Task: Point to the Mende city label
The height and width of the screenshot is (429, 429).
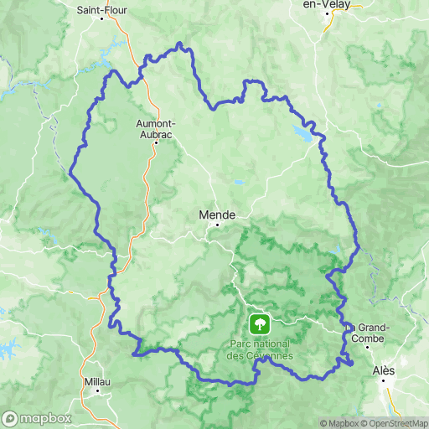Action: tap(217, 214)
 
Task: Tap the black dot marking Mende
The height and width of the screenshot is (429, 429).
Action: tap(217, 224)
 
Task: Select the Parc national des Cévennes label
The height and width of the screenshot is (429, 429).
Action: tap(260, 349)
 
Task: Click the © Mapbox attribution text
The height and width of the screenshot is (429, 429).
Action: tap(338, 423)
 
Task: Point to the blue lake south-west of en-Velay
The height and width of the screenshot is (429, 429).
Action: tap(302, 132)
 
